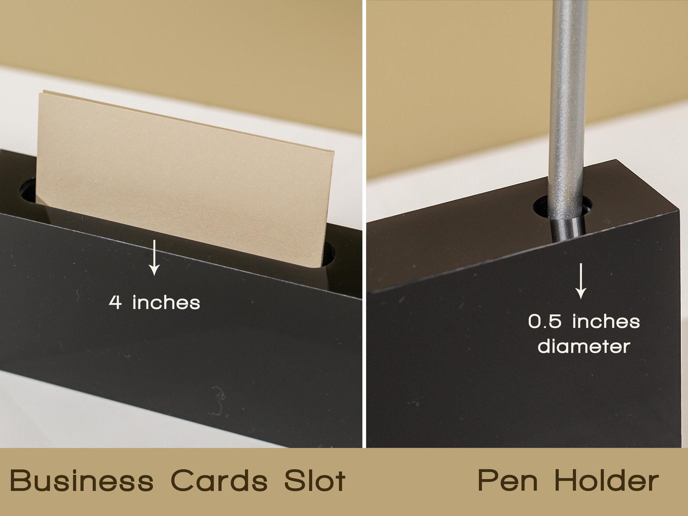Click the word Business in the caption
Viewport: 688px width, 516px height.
pos(82,480)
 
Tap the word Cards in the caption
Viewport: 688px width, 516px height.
pos(219,480)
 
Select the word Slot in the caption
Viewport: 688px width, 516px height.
pos(315,480)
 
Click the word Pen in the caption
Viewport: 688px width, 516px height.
pos(508,480)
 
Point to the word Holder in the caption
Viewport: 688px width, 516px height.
pos(606,480)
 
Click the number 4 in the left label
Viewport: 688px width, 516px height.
pos(115,303)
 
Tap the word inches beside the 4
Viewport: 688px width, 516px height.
pos(166,303)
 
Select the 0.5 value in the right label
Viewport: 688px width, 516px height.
pos(544,321)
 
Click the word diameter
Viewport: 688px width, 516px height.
pos(584,346)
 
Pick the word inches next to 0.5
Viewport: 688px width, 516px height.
pos(606,321)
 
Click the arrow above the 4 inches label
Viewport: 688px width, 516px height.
pos(154,258)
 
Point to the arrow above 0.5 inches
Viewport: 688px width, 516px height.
pos(581,281)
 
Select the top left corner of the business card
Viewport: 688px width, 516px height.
pos(40,92)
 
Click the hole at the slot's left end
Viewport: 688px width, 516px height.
pos(28,190)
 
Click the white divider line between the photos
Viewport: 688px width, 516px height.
pos(364,224)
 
